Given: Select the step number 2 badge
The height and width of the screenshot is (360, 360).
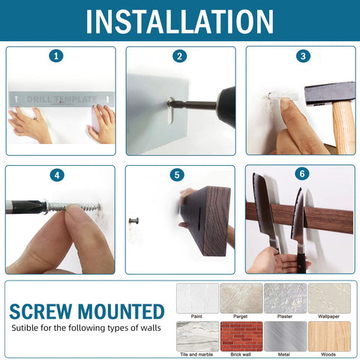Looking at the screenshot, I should click(x=179, y=56).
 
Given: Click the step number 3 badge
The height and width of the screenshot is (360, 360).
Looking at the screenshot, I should click(x=302, y=56).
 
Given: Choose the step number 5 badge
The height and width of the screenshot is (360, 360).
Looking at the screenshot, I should click(x=177, y=175).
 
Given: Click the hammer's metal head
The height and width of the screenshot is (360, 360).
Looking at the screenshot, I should click(x=328, y=93).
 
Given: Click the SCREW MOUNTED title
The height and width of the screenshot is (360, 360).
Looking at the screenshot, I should click(x=87, y=310).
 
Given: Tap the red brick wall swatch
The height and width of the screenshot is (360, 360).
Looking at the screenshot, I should click(x=241, y=336).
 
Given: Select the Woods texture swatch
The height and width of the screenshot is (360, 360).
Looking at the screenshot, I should click(x=328, y=336).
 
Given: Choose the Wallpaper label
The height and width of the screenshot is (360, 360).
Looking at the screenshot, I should click(x=328, y=316).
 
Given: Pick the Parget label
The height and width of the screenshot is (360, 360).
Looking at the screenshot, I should click(x=241, y=316).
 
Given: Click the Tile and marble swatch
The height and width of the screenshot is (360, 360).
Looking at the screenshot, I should click(x=197, y=336).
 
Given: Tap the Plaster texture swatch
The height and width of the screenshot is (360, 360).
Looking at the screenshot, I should click(x=285, y=297).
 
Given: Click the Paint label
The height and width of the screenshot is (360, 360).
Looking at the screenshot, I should click(x=197, y=316).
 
